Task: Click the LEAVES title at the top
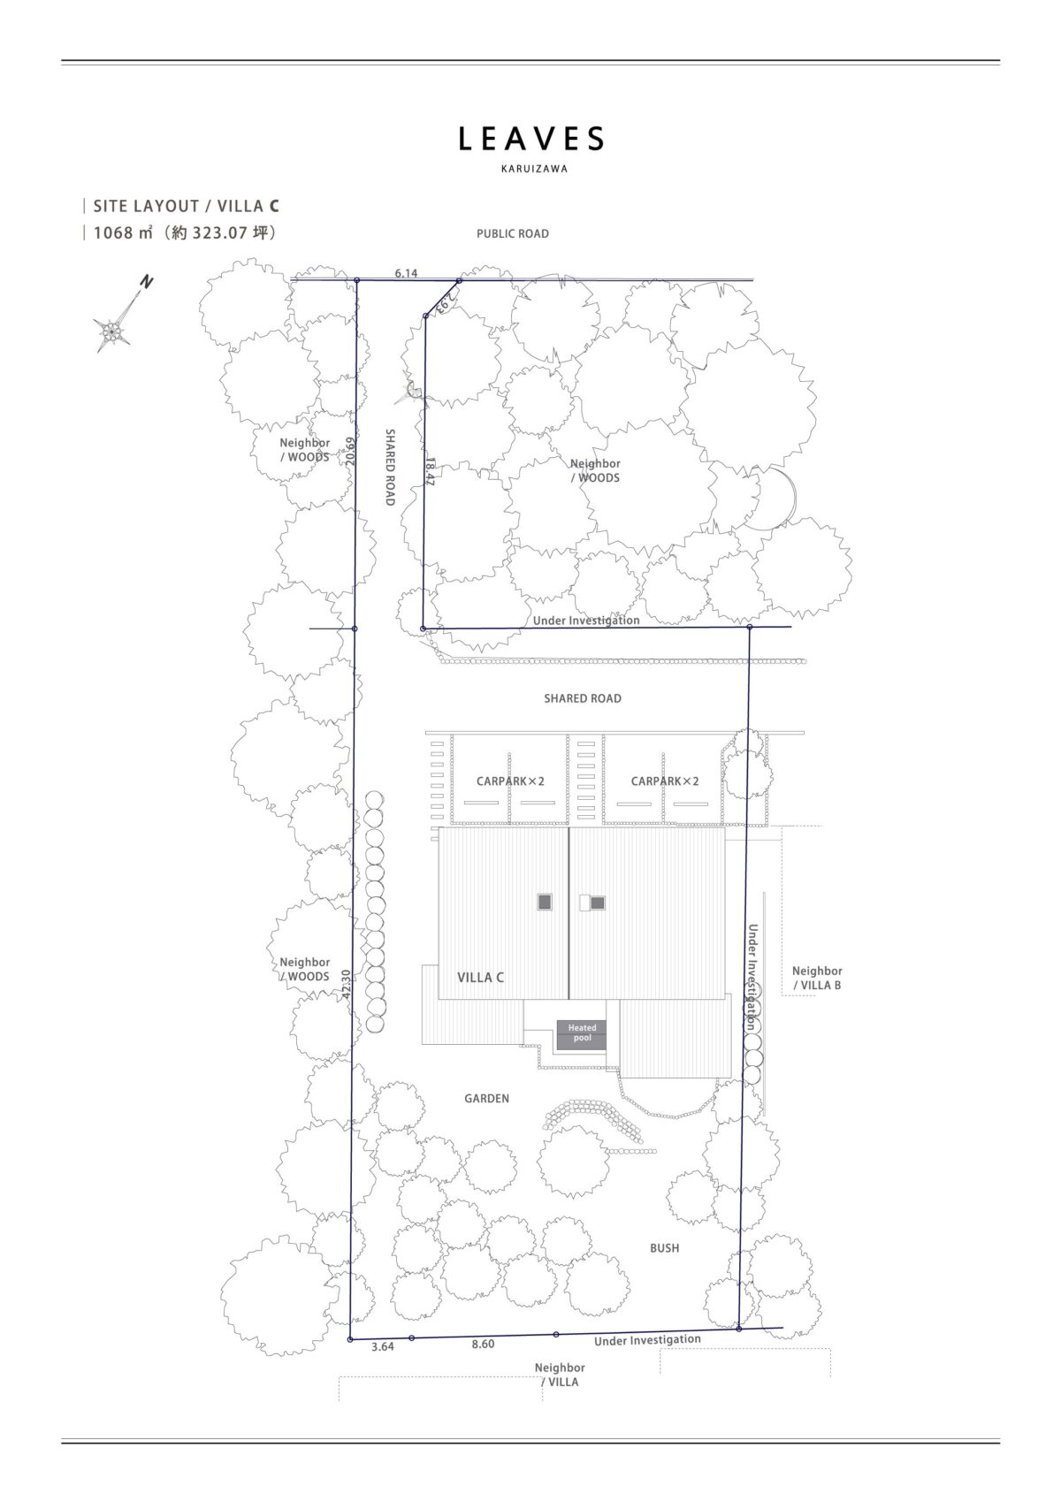point(530,139)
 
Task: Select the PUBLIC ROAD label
point(513,234)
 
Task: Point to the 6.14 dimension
point(406,273)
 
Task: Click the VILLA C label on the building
point(481,978)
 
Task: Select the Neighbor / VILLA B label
point(817,978)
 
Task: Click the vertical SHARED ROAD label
point(390,467)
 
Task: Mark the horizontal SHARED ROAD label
point(583,698)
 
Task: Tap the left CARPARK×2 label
point(510,781)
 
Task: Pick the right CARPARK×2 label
point(665,781)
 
